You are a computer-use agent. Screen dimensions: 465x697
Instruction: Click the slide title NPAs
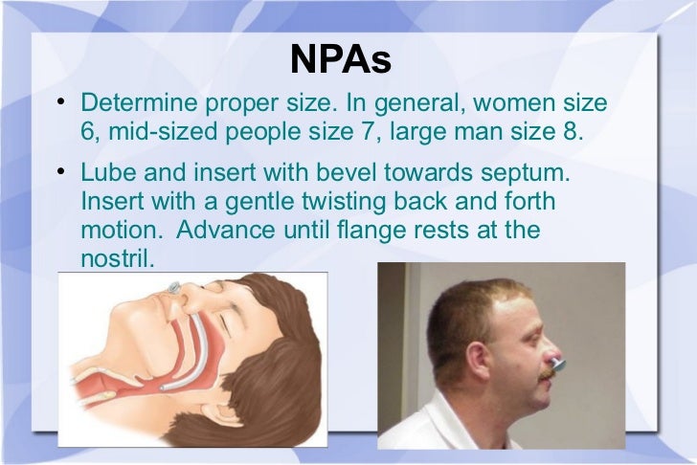coord(342,59)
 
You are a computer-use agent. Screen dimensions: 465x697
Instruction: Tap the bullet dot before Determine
coord(60,102)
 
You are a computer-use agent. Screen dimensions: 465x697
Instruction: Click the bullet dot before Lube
coord(60,175)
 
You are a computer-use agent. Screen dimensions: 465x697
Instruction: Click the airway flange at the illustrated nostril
coord(173,288)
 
